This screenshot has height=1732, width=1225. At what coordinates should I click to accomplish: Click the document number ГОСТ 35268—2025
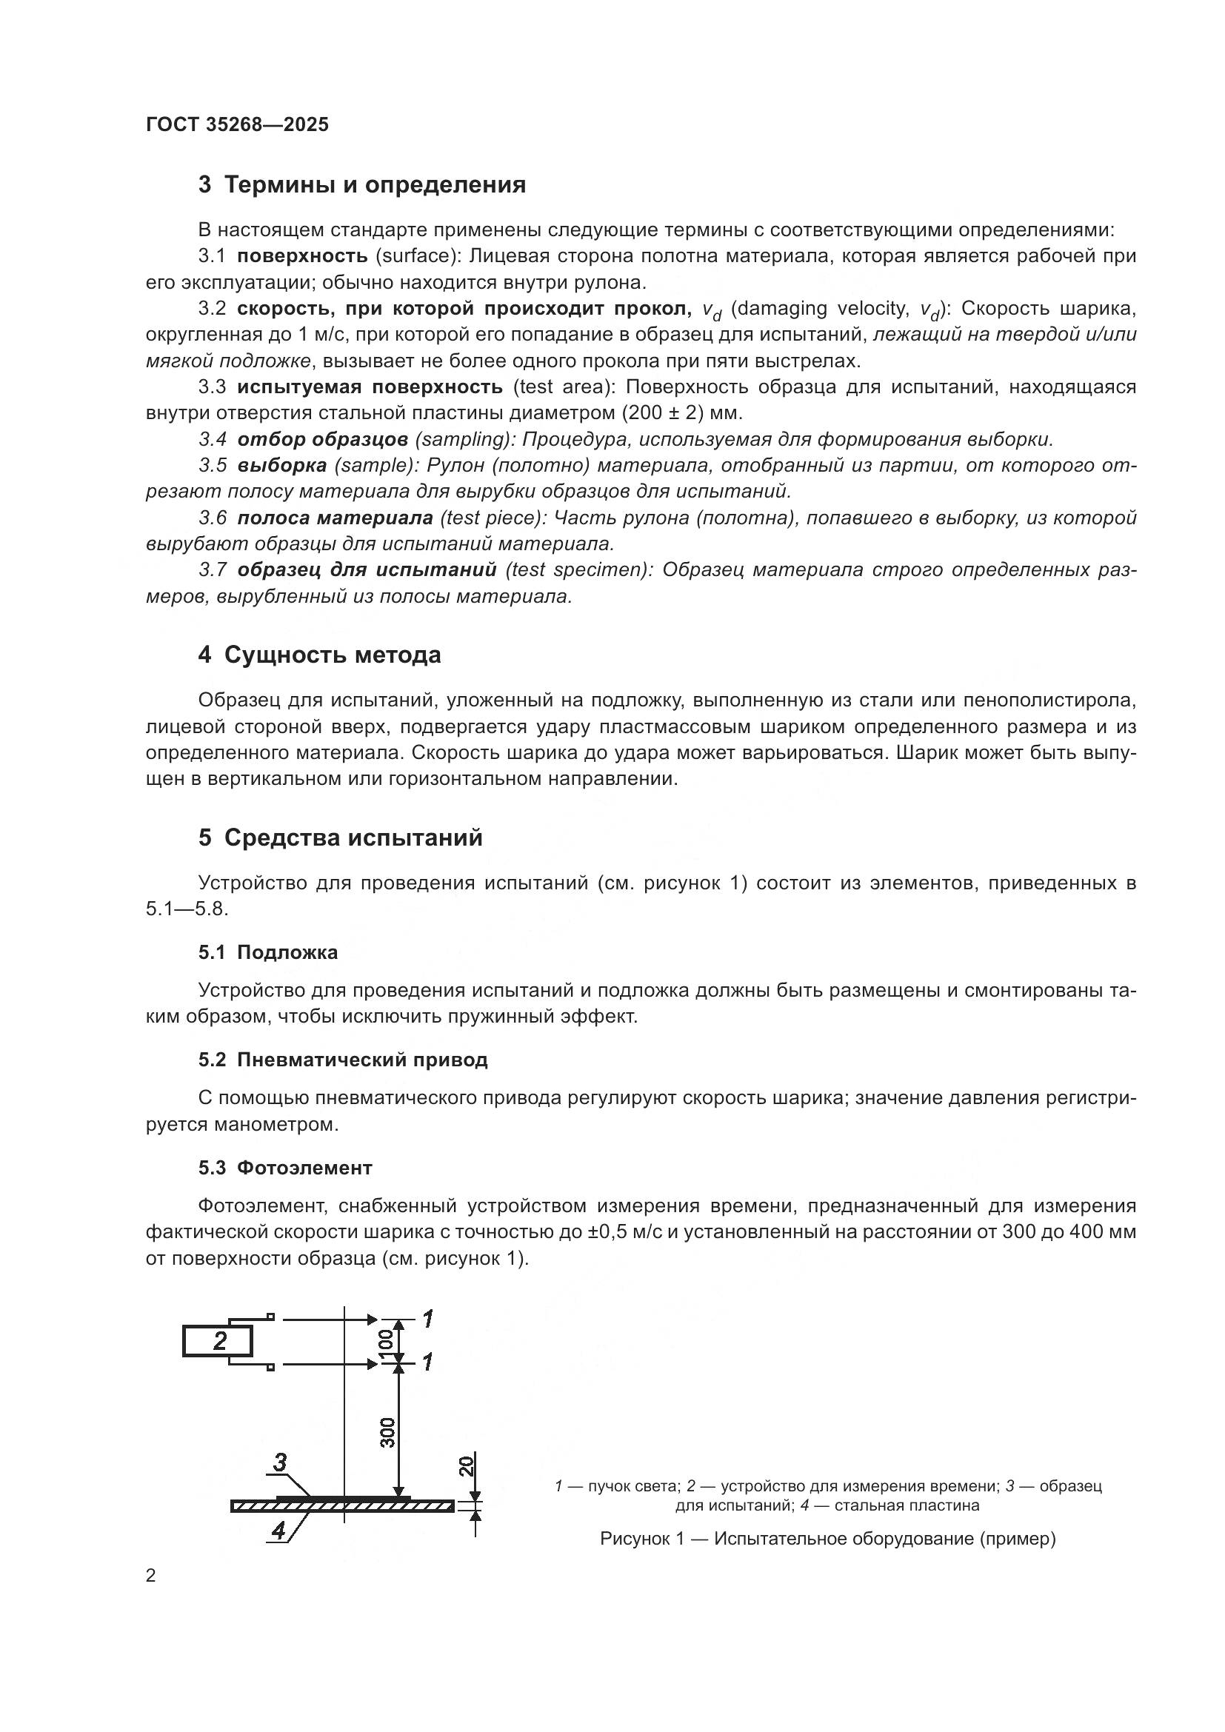[x=237, y=124]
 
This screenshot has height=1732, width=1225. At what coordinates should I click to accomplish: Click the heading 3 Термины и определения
[x=362, y=185]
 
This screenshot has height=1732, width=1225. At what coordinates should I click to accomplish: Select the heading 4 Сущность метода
[x=319, y=655]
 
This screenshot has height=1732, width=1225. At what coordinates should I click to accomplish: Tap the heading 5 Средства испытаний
[x=340, y=837]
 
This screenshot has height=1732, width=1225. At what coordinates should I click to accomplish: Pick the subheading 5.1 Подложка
[x=268, y=952]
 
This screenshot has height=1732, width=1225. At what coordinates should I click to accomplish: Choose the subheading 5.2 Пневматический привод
[x=342, y=1060]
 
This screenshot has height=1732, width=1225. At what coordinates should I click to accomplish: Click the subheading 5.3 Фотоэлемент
[x=285, y=1168]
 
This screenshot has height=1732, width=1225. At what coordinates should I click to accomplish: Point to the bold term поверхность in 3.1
[x=301, y=255]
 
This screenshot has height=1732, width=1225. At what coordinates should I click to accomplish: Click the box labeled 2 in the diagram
[x=218, y=1340]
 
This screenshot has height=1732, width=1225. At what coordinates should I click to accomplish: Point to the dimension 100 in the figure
[x=386, y=1340]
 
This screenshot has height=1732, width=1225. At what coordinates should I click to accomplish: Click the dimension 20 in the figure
[x=467, y=1465]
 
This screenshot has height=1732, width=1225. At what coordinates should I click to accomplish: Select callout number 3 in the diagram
[x=280, y=1462]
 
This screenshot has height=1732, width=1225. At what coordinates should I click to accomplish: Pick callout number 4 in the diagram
[x=278, y=1531]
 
